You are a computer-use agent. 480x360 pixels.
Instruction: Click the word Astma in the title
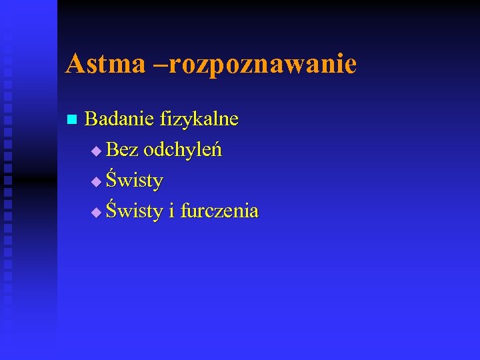click(105, 64)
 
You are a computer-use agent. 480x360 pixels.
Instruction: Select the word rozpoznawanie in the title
click(263, 65)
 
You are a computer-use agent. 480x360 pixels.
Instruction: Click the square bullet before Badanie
click(72, 120)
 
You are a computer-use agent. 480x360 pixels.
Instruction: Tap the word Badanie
click(120, 119)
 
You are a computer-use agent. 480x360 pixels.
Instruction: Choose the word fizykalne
click(199, 120)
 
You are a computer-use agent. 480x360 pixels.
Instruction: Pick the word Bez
click(122, 150)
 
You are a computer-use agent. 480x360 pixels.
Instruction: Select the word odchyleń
click(183, 150)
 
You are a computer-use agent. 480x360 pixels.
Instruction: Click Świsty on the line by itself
click(135, 181)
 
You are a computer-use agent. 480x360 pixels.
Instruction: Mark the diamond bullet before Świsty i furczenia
click(97, 213)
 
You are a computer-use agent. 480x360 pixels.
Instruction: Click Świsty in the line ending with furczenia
click(135, 211)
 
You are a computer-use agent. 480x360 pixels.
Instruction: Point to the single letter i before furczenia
click(171, 211)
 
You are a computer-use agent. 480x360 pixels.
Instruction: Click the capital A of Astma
click(74, 64)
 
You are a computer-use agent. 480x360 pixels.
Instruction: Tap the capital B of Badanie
click(92, 119)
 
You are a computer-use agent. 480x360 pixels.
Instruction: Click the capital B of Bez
click(113, 150)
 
